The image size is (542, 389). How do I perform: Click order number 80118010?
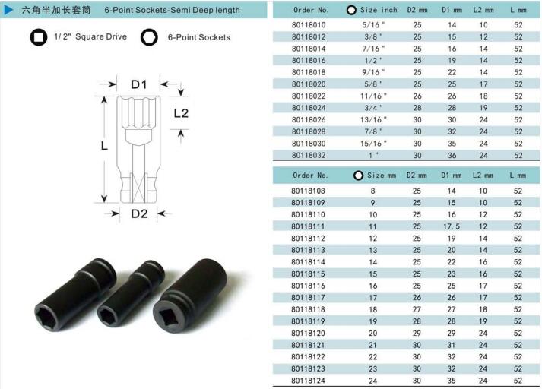point(309,25)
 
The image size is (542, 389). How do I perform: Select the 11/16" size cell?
point(373,96)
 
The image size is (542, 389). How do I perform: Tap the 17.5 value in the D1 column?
point(452,226)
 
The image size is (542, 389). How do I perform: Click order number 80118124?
point(308,381)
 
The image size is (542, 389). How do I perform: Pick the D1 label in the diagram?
point(139,84)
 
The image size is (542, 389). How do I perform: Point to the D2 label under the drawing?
point(139,213)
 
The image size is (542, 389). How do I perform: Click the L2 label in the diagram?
point(181,113)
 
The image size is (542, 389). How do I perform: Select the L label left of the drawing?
point(104,146)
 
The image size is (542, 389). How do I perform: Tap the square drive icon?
point(39,37)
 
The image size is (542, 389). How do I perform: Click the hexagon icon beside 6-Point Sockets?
point(149,37)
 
